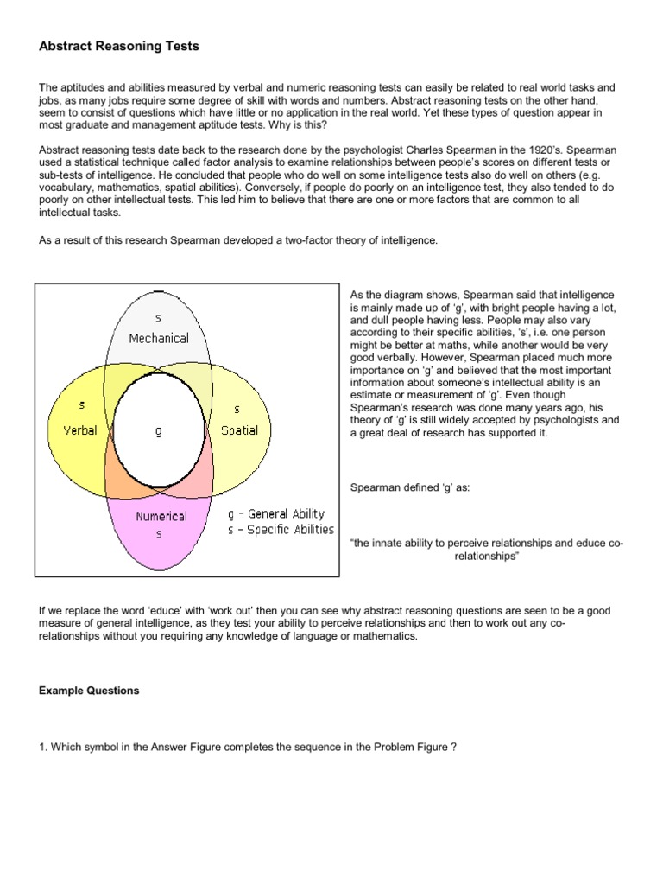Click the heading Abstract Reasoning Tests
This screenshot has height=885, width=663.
pyautogui.click(x=119, y=46)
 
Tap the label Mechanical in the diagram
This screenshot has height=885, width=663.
pyautogui.click(x=159, y=338)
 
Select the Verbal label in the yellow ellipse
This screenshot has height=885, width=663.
pyautogui.click(x=80, y=430)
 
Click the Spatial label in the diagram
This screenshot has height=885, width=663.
pyautogui.click(x=239, y=430)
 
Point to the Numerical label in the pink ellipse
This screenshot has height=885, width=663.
pyautogui.click(x=161, y=516)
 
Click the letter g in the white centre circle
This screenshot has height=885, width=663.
pyautogui.click(x=159, y=430)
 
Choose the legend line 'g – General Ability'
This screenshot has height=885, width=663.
pyautogui.click(x=276, y=513)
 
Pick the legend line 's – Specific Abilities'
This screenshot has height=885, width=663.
pyautogui.click(x=281, y=530)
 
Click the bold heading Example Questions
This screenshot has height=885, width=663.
pyautogui.click(x=89, y=691)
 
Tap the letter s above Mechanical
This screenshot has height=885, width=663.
pyautogui.click(x=158, y=319)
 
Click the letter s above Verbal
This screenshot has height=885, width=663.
pyautogui.click(x=81, y=404)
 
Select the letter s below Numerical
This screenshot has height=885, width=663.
pyautogui.click(x=159, y=535)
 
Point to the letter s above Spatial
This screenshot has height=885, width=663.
pyautogui.click(x=237, y=408)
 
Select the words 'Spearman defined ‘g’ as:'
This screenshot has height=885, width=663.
pyautogui.click(x=409, y=487)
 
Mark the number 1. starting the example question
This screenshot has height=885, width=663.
pyautogui.click(x=42, y=747)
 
